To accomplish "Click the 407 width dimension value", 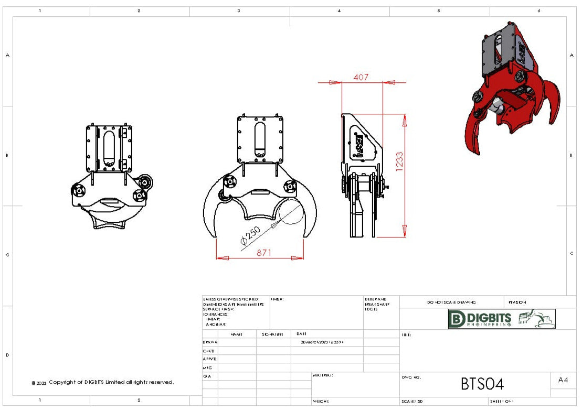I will [x=361, y=77].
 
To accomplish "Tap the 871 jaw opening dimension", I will [x=264, y=253].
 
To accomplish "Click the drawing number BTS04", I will [x=482, y=384].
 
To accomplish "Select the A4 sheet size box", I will [x=563, y=380].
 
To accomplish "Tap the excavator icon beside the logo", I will [x=536, y=318].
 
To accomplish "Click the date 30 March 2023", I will [x=322, y=342].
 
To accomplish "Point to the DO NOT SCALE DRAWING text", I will [x=451, y=302].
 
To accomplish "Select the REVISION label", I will [x=517, y=302].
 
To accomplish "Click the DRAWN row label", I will [x=210, y=342].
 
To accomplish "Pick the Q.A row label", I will [x=207, y=376].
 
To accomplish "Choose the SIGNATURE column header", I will [x=273, y=333].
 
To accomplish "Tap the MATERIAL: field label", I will [x=323, y=375].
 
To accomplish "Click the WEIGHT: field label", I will [x=321, y=402].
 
